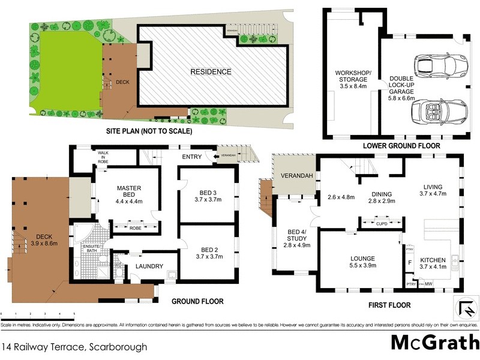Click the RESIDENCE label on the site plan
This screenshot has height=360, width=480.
click(211, 72)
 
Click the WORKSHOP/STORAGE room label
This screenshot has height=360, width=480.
click(353, 77)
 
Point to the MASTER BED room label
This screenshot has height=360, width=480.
click(128, 191)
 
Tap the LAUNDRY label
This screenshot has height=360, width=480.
click(149, 266)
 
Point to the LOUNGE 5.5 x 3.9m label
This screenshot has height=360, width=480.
click(364, 262)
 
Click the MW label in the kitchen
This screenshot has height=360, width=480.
click(428, 284)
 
